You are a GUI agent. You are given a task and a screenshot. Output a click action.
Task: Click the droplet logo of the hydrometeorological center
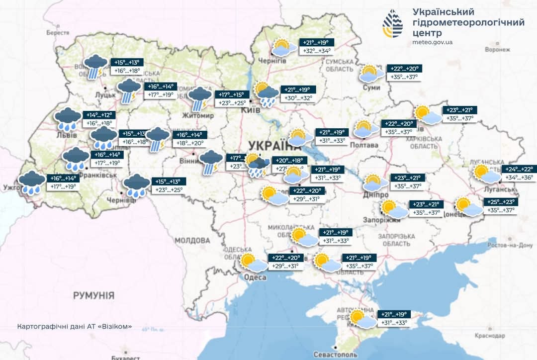pyautogui.click(x=392, y=23)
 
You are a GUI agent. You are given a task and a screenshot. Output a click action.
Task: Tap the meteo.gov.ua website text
pyautogui.click(x=433, y=42)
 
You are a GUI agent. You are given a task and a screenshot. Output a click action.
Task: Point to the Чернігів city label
pyautogui.click(x=272, y=61)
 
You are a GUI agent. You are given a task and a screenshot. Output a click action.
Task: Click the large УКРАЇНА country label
pyautogui.click(x=271, y=145)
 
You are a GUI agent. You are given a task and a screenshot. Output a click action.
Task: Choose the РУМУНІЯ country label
pyautogui.click(x=93, y=295)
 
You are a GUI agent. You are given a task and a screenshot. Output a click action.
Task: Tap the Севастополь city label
pyautogui.click(x=336, y=355)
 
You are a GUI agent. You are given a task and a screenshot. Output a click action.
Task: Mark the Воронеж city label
pyautogui.click(x=498, y=50)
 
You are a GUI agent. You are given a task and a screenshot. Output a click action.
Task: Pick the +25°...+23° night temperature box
pyautogui.click(x=501, y=202)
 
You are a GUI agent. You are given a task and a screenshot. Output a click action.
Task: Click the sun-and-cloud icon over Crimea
pyautogui.click(x=362, y=319)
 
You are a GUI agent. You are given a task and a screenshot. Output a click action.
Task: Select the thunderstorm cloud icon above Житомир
pyautogui.click(x=200, y=97)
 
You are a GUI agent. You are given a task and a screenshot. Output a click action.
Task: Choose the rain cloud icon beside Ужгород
pyautogui.click(x=32, y=183)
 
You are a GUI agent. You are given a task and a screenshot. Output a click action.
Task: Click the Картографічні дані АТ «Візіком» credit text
pyautogui.click(x=75, y=327)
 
